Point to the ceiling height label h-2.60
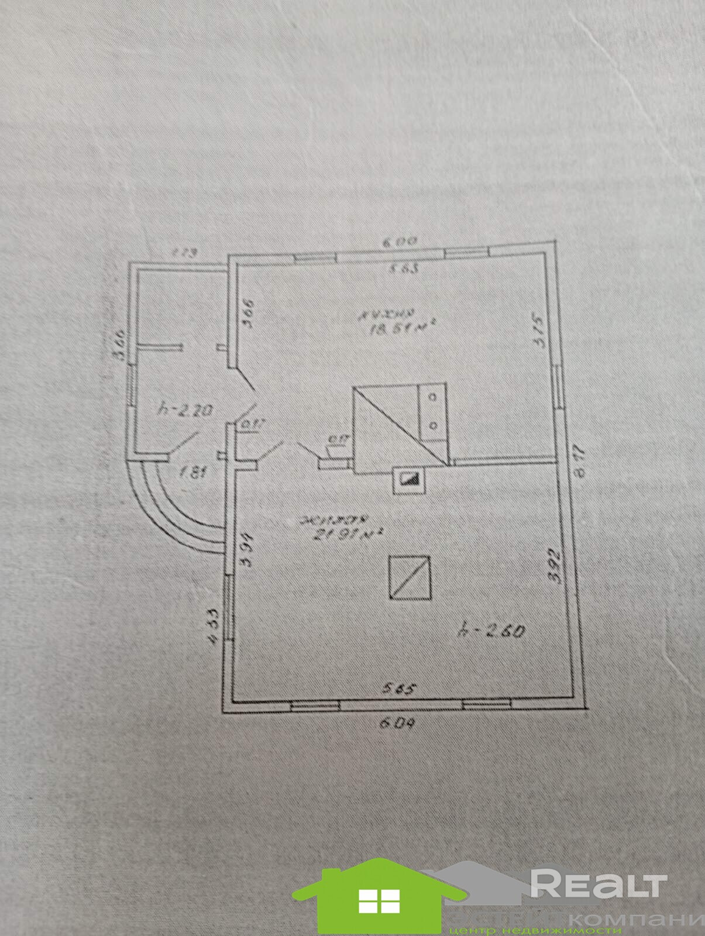click(491, 631)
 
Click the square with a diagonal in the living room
click(410, 577)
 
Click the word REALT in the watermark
click(597, 881)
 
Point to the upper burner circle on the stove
click(434, 397)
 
